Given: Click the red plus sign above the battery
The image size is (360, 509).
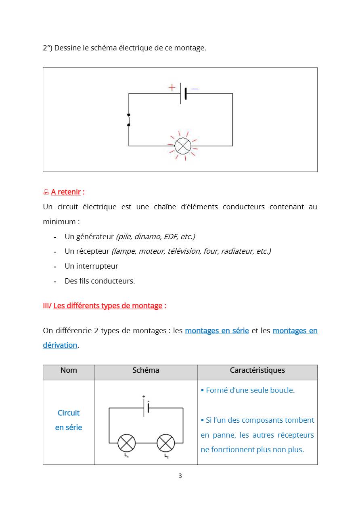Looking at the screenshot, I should point(172,87).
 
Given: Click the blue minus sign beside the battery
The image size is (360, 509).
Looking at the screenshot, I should point(195,89).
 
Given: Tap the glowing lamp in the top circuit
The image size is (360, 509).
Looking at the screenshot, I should point(183,146).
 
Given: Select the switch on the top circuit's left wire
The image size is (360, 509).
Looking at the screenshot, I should point(129,120).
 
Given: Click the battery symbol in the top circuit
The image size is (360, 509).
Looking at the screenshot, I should point(183,93).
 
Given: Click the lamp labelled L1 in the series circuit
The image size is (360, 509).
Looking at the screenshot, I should point(126,443).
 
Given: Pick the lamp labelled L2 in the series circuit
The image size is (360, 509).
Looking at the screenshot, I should point(165,443).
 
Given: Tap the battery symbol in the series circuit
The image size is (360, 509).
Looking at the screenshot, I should point(146,407).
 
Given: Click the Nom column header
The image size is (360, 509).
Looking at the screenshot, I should point(69,370).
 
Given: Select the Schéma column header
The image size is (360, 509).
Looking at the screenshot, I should point(146,370).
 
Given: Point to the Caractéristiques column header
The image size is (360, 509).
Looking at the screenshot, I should point(257,370).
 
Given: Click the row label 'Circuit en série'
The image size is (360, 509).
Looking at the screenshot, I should point(69,420).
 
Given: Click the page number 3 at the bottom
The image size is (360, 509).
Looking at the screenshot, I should point(180,476).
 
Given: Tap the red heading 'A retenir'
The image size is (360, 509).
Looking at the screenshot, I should point(66,192).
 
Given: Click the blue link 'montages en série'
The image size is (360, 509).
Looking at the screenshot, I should point(217,331).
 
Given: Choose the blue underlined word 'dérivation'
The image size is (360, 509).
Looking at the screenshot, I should point(60,345).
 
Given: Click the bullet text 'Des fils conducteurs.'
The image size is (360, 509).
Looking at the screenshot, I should point(100,281).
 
